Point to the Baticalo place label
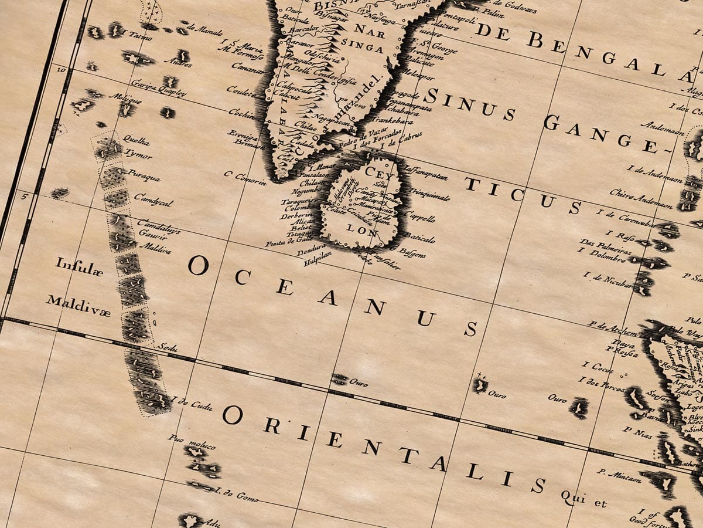419,238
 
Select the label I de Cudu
192,404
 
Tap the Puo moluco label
184,439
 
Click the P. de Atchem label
606,327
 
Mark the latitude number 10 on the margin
60,69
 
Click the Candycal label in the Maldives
153,199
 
